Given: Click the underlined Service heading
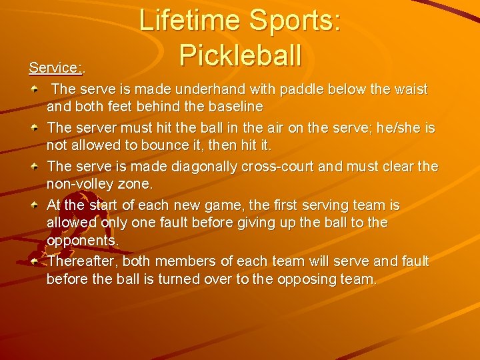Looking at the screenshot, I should tap(55, 67).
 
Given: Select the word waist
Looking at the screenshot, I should tap(409, 89).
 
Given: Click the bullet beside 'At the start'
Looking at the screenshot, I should tap(38, 205).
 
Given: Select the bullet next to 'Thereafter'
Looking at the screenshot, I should tap(38, 261).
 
